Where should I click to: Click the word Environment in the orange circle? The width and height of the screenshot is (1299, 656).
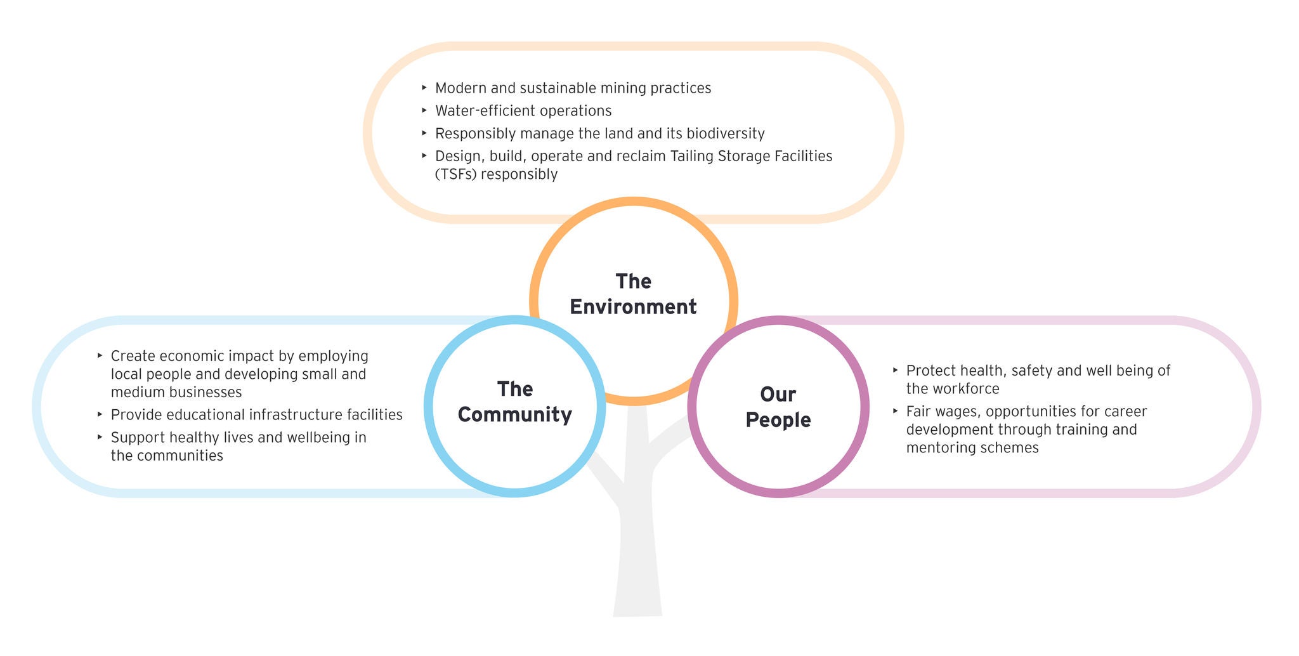click(633, 307)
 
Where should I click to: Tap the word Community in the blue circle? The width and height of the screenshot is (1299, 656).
click(514, 415)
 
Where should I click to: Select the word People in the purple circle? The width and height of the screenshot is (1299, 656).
click(778, 420)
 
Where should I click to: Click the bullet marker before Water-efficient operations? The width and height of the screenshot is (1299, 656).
click(424, 110)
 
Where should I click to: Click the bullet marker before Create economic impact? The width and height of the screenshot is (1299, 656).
click(100, 355)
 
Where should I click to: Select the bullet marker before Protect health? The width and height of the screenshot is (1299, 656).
click(895, 369)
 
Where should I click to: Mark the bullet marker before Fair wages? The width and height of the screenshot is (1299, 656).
click(895, 410)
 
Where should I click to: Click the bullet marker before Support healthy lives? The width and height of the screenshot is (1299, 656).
click(100, 436)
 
